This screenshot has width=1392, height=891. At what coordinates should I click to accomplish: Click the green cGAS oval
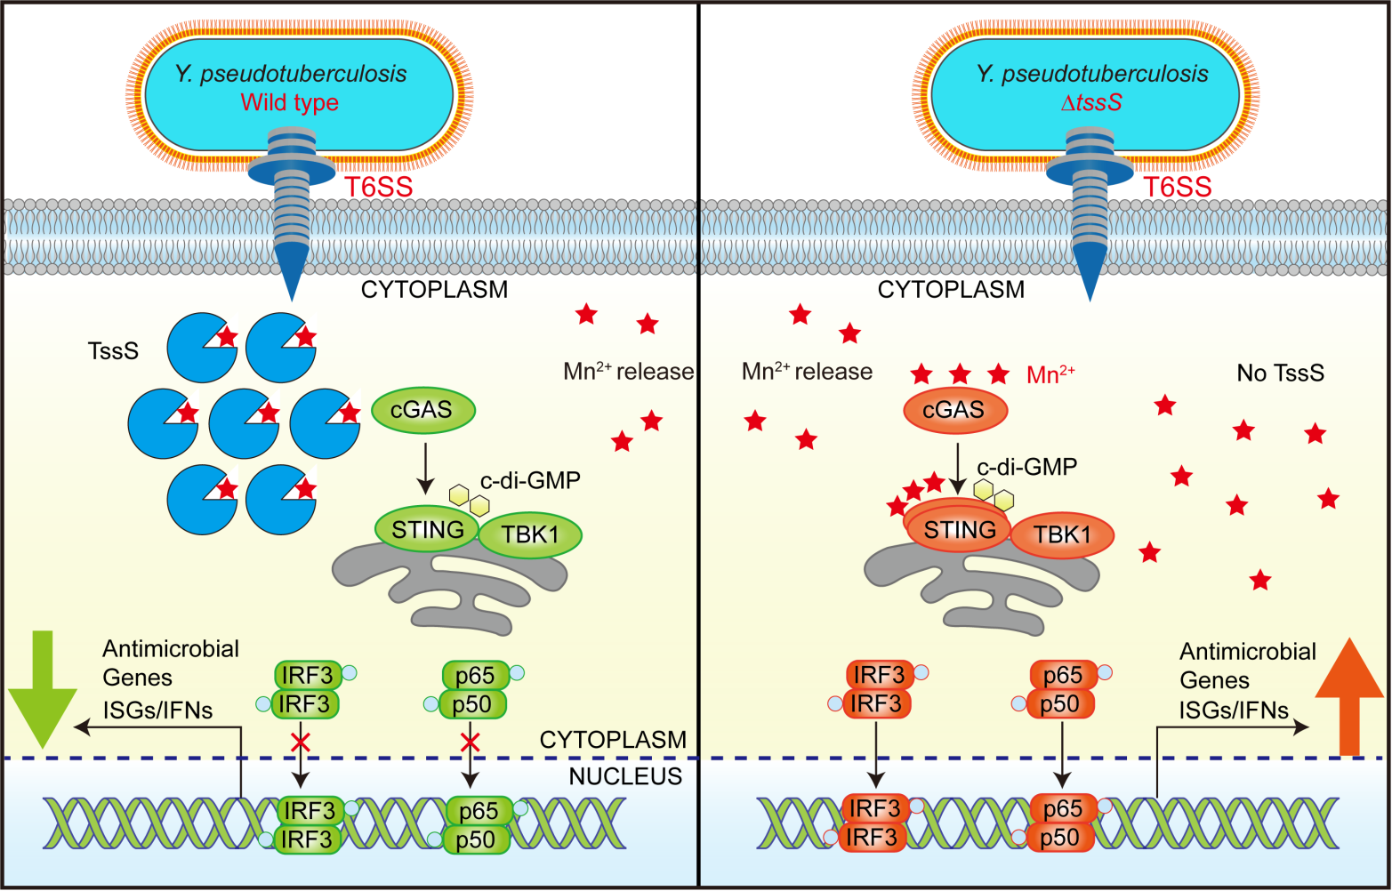point(422,410)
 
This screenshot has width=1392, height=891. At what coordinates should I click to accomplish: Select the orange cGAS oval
point(954,410)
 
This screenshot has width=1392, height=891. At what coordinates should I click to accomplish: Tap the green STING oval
point(428,530)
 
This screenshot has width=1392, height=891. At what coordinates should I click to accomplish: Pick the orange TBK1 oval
point(1062,535)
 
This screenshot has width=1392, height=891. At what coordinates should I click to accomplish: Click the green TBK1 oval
point(530,535)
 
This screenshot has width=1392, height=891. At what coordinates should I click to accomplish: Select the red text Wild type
point(289,102)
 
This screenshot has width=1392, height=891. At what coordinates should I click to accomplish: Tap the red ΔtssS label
point(1091,102)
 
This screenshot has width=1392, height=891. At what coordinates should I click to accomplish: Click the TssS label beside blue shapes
point(113,351)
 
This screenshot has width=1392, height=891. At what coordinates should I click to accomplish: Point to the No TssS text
point(1280,373)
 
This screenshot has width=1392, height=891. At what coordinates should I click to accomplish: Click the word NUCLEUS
point(625,776)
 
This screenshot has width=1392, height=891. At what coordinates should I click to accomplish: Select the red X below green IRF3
point(301,741)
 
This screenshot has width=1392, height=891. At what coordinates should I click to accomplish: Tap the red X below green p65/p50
point(471,741)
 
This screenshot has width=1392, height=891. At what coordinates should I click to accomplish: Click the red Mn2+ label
point(1050,374)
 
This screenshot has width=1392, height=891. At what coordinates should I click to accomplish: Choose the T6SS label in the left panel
point(379,187)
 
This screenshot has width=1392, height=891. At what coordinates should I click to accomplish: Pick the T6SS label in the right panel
point(1177,187)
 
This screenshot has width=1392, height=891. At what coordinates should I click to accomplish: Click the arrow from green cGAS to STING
point(425,467)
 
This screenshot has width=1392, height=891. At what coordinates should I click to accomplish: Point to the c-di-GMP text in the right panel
point(1026,467)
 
